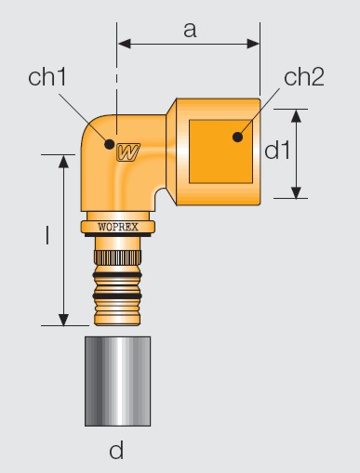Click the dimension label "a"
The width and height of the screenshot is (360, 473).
pos(190,31)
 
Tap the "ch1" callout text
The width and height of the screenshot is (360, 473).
pos(47,77)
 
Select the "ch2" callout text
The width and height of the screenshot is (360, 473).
pos(304,77)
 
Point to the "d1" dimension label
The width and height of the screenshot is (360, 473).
pos(277,151)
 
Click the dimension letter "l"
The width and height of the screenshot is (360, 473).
pos(47,235)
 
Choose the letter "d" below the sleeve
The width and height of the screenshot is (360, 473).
pos(116,450)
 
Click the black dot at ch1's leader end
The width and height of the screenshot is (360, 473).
pos(109,144)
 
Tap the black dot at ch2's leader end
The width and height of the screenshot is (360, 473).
pos(237,137)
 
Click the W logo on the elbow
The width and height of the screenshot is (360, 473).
pos(128,152)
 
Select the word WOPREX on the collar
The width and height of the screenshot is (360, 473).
pos(118,227)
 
